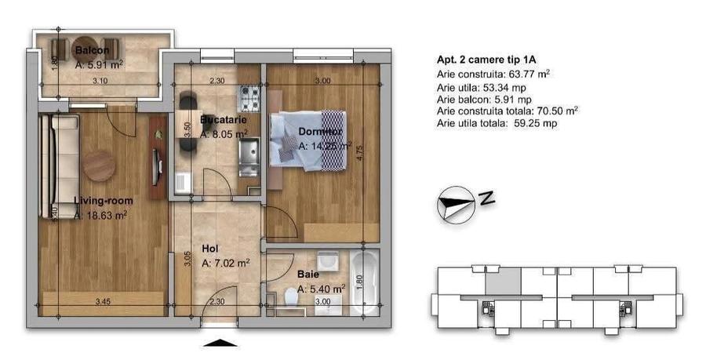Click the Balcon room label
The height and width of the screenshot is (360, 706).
tap(92, 51)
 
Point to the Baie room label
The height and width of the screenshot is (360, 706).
tap(308, 275)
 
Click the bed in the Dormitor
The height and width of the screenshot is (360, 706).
tap(306, 141)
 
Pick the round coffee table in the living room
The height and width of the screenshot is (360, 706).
tap(100, 165)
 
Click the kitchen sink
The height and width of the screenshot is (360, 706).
tap(249, 154)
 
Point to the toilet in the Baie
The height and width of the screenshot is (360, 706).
tap(291, 296)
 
